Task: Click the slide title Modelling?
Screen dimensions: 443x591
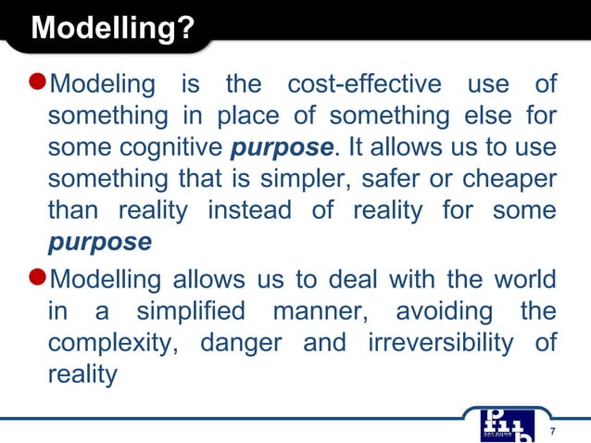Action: click(x=112, y=29)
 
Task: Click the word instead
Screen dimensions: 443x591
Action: click(x=249, y=210)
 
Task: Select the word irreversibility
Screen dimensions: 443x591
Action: click(x=440, y=343)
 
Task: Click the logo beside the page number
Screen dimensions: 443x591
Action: click(x=507, y=422)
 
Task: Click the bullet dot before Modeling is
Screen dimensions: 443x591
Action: click(x=36, y=83)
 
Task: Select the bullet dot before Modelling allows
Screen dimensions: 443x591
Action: click(x=36, y=278)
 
